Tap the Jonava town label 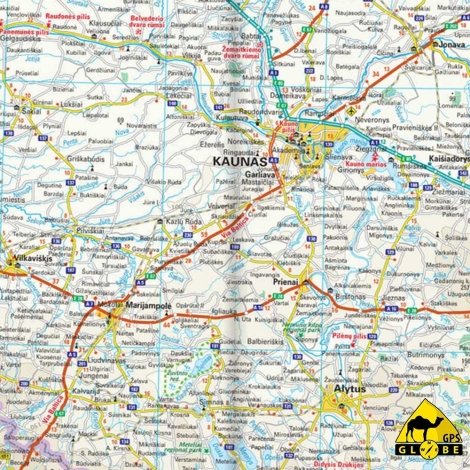[451, 45]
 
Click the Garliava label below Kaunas [260, 172]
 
